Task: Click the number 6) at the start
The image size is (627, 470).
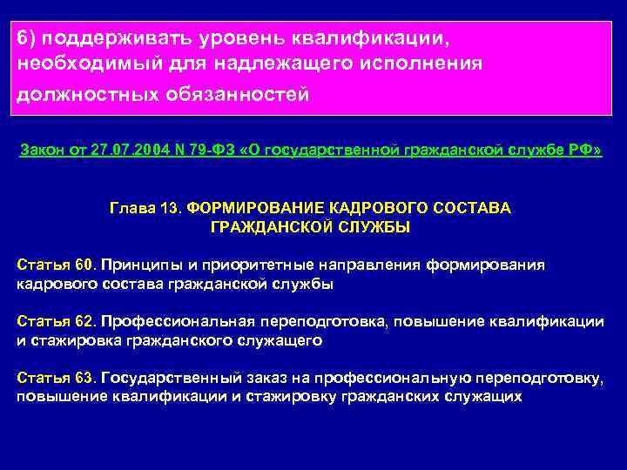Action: point(28,39)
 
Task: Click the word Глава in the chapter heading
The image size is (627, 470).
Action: point(131,209)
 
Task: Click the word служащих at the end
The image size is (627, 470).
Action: point(481,397)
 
